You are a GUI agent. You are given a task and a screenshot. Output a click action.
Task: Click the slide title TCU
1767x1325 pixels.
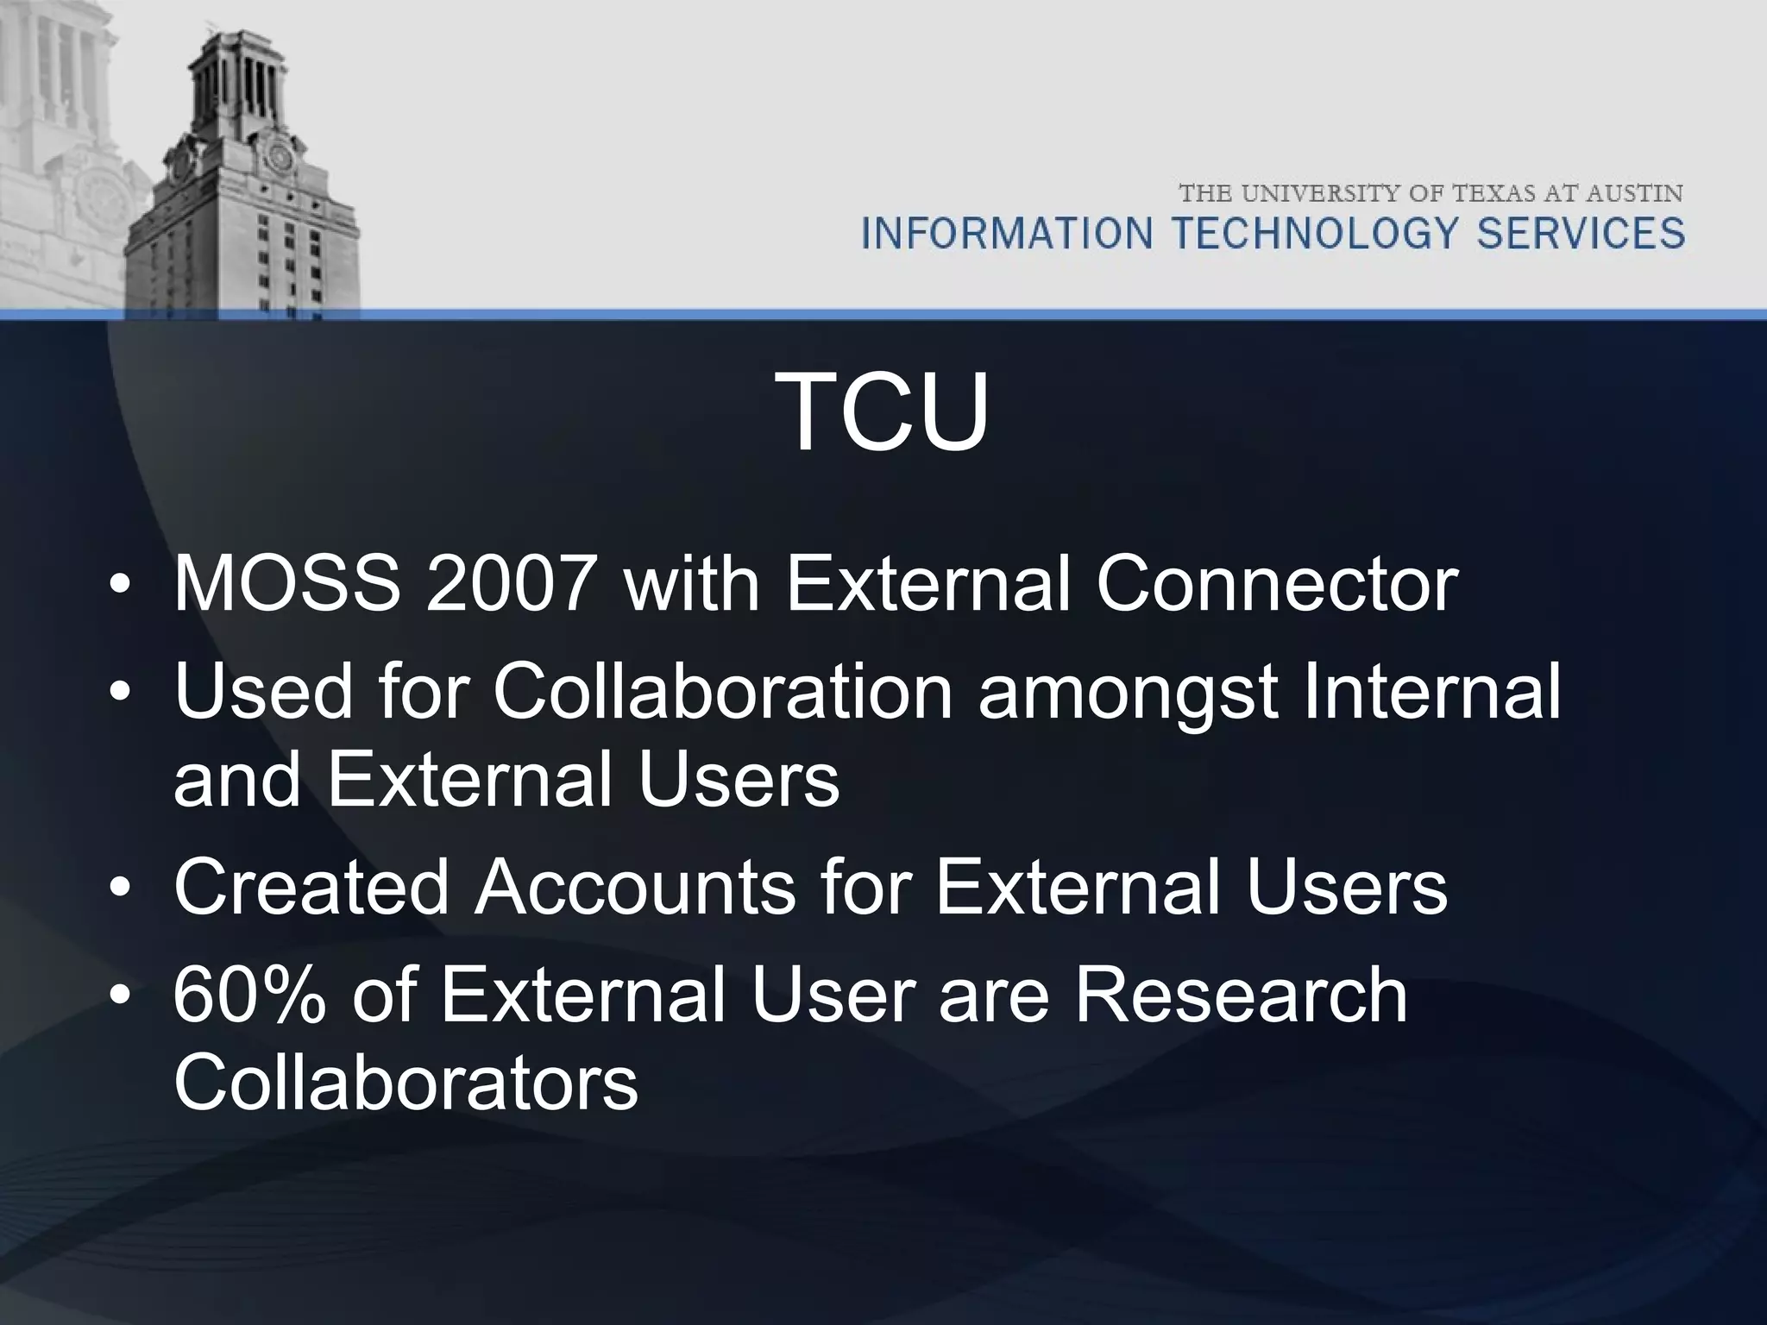(883, 411)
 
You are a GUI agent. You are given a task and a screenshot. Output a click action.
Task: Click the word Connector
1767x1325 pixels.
(1277, 584)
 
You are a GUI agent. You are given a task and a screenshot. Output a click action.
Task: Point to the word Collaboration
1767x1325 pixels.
(722, 692)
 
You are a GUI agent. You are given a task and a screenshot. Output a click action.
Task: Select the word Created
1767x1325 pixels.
(310, 887)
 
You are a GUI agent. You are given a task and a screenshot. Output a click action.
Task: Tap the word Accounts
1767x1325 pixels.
(634, 887)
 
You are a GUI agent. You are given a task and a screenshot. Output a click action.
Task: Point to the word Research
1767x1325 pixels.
(1242, 995)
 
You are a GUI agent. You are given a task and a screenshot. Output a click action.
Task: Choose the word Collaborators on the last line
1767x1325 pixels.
(406, 1082)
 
